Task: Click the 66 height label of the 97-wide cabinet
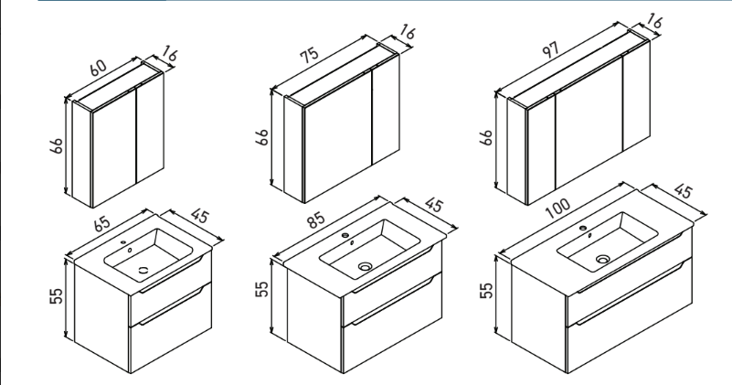pyautogui.click(x=488, y=137)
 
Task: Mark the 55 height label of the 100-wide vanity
pyautogui.click(x=488, y=292)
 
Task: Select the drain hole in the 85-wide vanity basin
pyautogui.click(x=366, y=267)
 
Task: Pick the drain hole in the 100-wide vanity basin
pyautogui.click(x=603, y=260)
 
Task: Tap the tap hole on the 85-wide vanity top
pyautogui.click(x=345, y=235)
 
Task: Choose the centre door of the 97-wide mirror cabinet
pyautogui.click(x=589, y=138)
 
